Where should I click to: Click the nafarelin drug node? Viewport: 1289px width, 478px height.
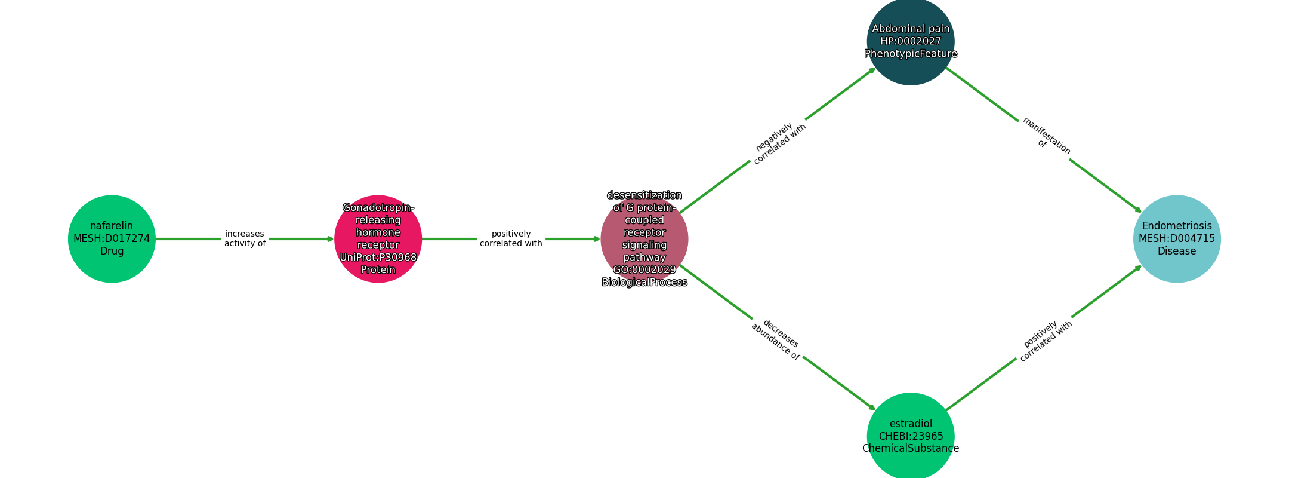(x=112, y=238)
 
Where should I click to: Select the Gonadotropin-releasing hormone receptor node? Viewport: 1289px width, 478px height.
(x=378, y=238)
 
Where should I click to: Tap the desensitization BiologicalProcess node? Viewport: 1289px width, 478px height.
(x=644, y=238)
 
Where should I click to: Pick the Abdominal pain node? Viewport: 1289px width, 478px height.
(x=910, y=41)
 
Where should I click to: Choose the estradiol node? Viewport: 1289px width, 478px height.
(x=910, y=436)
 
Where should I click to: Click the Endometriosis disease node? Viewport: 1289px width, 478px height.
(x=1176, y=238)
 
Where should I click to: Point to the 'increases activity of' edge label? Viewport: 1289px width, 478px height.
(x=245, y=238)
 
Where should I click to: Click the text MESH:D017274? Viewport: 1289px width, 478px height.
(x=112, y=238)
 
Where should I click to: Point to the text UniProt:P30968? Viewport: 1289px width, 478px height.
(x=378, y=257)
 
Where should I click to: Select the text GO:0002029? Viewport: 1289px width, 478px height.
(x=644, y=269)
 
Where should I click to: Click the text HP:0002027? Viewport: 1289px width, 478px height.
(x=910, y=41)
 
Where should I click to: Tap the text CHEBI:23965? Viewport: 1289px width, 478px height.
(x=910, y=436)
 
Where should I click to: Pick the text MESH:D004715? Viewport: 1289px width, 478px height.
(x=1176, y=238)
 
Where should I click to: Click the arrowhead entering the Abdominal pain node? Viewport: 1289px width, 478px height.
(x=872, y=70)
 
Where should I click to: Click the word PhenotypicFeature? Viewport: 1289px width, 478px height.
(x=910, y=54)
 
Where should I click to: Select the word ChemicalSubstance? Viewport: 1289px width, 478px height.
(x=910, y=449)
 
